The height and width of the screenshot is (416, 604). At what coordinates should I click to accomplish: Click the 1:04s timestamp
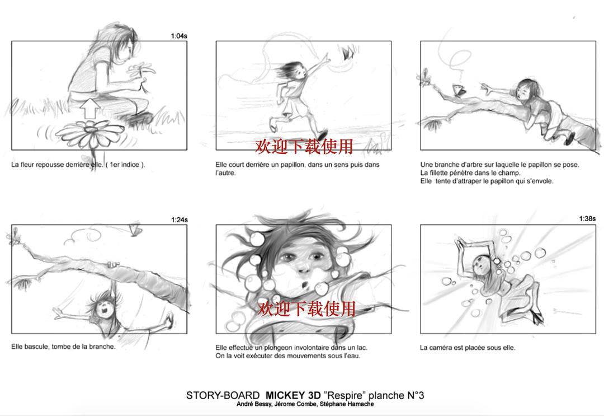179,36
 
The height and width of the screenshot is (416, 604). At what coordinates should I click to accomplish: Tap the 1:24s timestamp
180,220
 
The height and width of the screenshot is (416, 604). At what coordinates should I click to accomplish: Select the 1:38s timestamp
587,218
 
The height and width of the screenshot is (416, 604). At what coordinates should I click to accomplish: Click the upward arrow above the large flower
90,108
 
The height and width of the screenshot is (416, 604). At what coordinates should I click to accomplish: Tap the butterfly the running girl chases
348,52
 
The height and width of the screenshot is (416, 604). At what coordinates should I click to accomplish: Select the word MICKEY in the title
285,395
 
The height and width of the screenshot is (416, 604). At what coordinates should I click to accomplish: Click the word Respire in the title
345,395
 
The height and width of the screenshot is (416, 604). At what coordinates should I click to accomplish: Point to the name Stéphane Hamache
347,404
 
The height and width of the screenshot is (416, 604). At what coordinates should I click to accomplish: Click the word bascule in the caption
36,347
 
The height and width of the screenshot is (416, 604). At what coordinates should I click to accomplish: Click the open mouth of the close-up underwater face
305,286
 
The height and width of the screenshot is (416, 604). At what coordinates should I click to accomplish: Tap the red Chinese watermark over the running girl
304,146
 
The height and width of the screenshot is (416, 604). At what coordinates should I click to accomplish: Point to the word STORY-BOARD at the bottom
223,395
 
